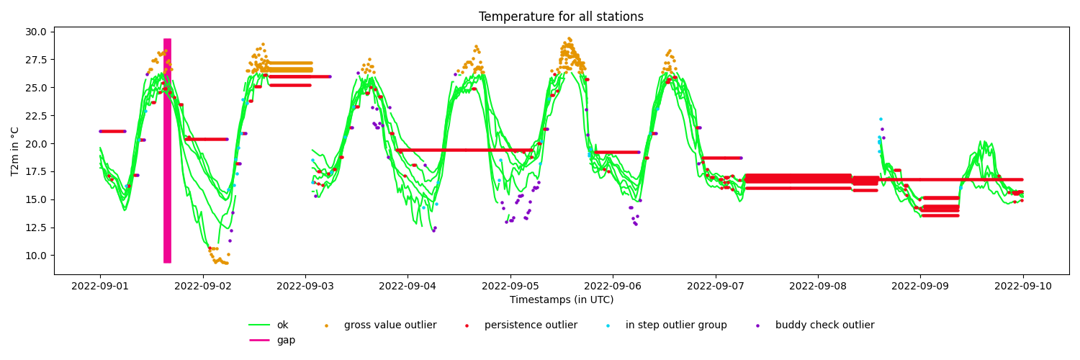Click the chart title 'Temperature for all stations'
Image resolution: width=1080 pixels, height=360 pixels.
(561, 17)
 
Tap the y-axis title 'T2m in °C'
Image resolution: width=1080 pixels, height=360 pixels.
(15, 151)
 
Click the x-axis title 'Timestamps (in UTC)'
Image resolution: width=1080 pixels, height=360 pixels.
(562, 300)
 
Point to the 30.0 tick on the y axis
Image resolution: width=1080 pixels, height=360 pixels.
(37, 32)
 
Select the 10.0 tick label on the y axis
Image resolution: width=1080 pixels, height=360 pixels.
(37, 256)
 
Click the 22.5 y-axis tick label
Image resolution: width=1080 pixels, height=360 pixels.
(37, 116)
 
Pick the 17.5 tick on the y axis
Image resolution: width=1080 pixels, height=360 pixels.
(37, 171)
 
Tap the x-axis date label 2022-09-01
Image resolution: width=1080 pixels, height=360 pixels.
(100, 286)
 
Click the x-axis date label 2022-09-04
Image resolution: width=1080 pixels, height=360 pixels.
(408, 286)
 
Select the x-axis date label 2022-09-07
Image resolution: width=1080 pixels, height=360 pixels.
(716, 286)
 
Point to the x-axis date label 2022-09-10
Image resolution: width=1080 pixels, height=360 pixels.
(1023, 286)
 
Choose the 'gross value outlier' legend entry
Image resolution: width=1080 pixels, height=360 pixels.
(381, 325)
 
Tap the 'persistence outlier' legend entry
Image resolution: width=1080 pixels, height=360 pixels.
(521, 325)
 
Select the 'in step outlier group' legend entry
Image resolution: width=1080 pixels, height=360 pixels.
(666, 325)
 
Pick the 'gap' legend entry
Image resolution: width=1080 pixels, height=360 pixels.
(272, 341)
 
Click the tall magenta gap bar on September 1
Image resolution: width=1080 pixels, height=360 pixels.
(167, 151)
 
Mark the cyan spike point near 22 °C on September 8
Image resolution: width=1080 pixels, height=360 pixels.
(881, 119)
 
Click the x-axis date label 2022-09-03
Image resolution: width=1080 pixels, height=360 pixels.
(305, 286)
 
